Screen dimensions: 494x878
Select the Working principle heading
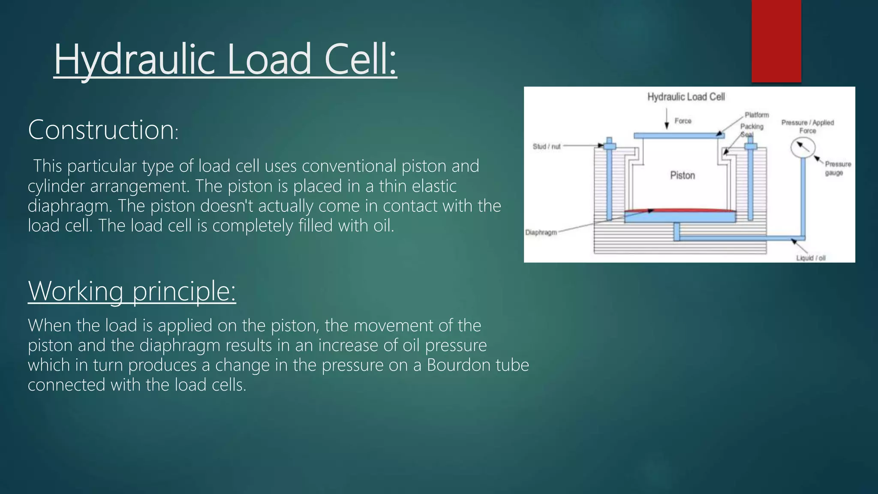132,291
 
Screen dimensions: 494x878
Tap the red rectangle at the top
776,41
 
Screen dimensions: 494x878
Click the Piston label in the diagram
683,175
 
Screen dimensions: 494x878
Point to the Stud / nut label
547,147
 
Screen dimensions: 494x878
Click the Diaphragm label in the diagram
541,232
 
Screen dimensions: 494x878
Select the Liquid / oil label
811,258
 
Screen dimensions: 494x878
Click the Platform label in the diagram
757,115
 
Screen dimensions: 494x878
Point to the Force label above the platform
683,121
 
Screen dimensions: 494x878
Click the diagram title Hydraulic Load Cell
686,97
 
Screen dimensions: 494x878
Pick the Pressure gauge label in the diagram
838,168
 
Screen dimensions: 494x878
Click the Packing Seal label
752,130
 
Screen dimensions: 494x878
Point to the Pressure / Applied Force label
808,127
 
